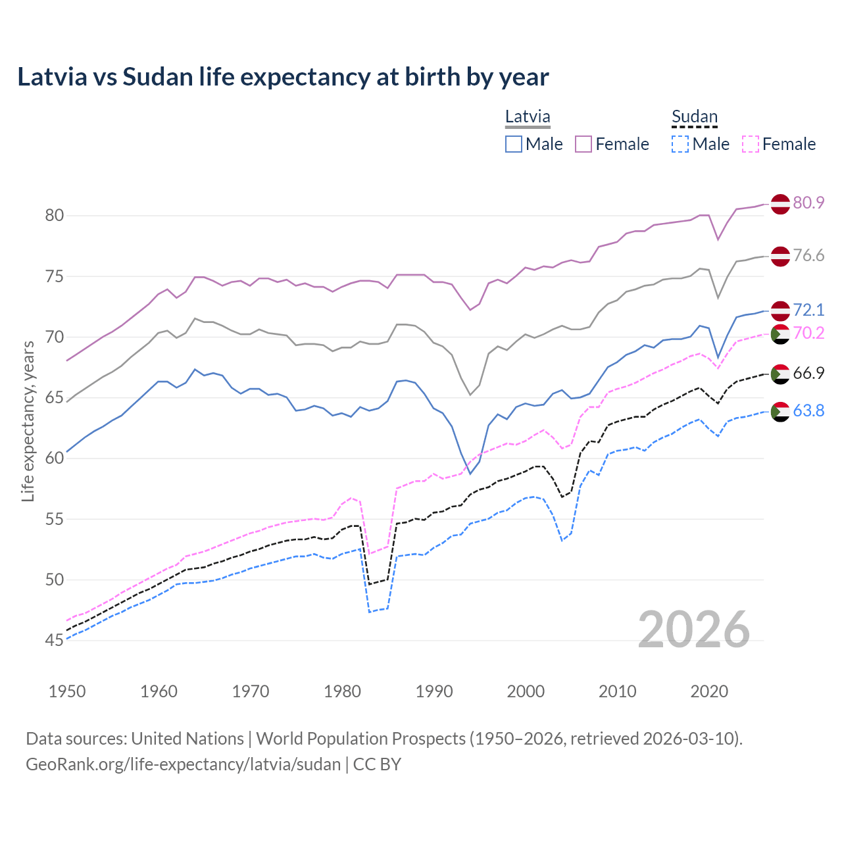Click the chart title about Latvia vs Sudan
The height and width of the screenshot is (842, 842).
click(283, 77)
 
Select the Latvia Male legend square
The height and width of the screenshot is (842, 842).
click(514, 144)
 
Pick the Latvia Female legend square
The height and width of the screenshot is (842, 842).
click(583, 144)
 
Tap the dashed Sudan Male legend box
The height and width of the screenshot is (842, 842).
click(680, 144)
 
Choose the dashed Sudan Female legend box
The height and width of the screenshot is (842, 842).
click(751, 144)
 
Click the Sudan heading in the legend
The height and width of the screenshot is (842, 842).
click(694, 117)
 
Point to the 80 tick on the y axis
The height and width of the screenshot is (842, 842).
click(54, 216)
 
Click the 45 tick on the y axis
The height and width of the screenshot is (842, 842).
click(54, 641)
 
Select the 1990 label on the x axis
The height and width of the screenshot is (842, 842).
click(434, 691)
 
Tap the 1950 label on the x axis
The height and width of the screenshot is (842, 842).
click(67, 691)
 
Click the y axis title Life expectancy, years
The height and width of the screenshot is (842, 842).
click(28, 421)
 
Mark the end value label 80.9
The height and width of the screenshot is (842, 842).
click(808, 203)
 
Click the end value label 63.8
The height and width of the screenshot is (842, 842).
click(808, 411)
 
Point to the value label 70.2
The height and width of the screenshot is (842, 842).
click(808, 334)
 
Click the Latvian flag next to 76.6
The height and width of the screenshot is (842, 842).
click(780, 257)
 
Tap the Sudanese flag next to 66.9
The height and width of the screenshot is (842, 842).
click(780, 374)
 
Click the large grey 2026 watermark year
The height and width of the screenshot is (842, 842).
click(694, 630)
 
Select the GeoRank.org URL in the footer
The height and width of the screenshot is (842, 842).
click(183, 764)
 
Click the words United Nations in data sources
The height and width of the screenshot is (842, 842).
click(187, 739)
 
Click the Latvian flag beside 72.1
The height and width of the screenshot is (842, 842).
click(780, 310)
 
